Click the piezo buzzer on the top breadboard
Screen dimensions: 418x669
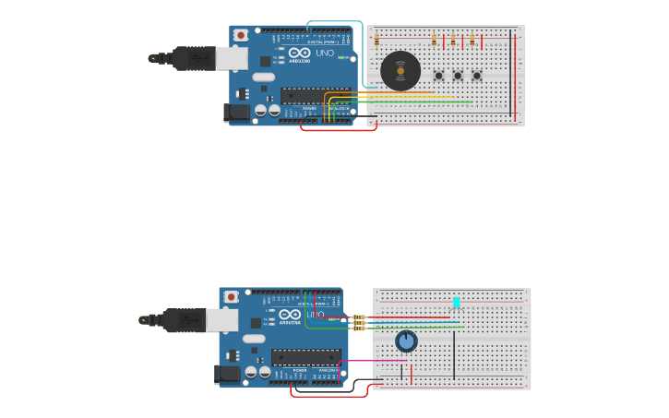(x=400, y=70)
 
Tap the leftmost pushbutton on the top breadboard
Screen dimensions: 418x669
(x=438, y=76)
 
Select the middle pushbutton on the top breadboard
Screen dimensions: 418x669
(x=458, y=76)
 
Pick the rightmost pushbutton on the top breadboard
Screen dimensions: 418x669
(x=477, y=76)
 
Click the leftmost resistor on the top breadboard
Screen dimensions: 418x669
(x=376, y=40)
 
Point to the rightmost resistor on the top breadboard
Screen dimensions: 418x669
(x=472, y=40)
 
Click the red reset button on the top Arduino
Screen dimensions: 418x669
(x=241, y=35)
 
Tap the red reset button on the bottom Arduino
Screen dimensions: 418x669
(x=231, y=297)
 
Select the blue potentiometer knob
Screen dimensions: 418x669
(x=406, y=341)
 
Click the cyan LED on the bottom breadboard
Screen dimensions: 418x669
(x=456, y=302)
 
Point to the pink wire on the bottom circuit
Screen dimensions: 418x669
(x=369, y=361)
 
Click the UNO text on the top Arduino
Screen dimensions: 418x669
(x=325, y=53)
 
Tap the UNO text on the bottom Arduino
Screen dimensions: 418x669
(x=315, y=315)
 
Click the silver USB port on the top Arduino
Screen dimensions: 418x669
(x=232, y=59)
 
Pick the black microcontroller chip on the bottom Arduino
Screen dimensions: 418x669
(x=305, y=356)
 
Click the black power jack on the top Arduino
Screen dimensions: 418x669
(x=236, y=113)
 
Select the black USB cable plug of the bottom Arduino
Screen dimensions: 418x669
(x=185, y=320)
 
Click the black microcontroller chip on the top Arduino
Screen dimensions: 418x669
(x=316, y=94)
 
